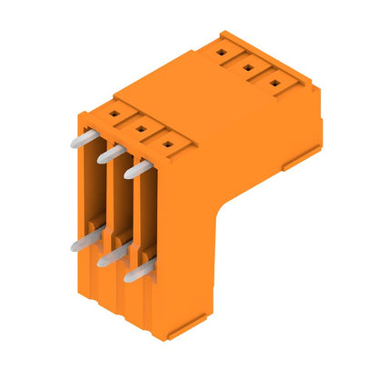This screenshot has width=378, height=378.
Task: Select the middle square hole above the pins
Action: click(x=141, y=129)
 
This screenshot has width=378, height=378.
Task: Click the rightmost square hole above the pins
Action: click(x=166, y=143)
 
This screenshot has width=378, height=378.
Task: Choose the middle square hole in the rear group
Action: click(x=248, y=66)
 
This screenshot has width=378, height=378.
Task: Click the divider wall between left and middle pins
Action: click(x=103, y=200)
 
